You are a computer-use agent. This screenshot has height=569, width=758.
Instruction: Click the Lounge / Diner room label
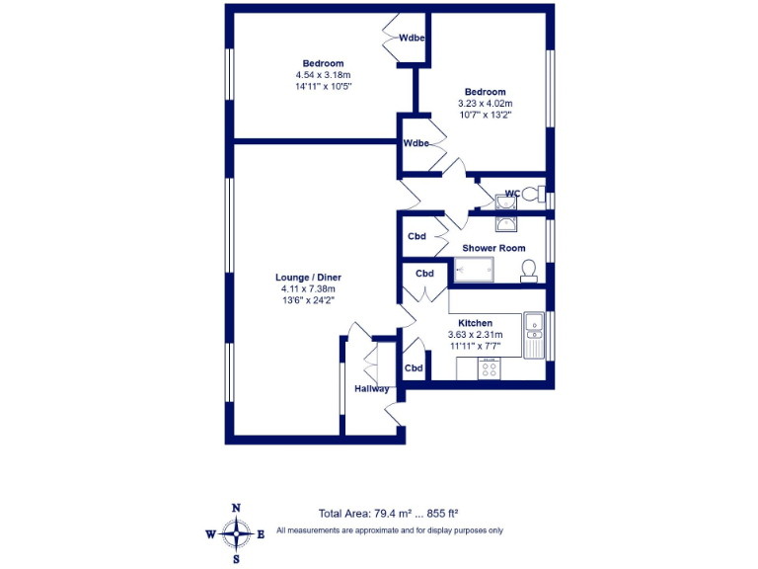tap(308, 278)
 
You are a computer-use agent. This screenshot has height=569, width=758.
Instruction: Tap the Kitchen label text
tap(475, 323)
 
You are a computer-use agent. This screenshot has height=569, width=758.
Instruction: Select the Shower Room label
tap(493, 248)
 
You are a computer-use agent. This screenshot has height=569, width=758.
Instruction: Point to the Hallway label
tap(372, 388)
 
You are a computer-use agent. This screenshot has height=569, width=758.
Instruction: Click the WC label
tap(512, 194)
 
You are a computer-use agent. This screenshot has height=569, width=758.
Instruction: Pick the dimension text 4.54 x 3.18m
tap(323, 75)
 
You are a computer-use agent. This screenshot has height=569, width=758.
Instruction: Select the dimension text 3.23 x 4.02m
tap(485, 103)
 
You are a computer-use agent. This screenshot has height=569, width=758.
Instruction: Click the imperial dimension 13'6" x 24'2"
tap(308, 300)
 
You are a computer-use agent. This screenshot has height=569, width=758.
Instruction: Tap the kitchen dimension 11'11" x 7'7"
tap(475, 346)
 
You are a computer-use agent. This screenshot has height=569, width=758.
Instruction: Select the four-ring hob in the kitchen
tap(490, 368)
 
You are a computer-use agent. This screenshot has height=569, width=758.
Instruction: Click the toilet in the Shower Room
tap(528, 271)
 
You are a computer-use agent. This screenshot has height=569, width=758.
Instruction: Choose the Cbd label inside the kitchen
tap(414, 368)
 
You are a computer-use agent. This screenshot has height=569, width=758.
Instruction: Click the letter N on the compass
tap(236, 508)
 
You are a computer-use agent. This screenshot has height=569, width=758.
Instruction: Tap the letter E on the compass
tap(262, 534)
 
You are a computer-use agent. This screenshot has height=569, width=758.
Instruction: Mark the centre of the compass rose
tap(236, 534)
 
